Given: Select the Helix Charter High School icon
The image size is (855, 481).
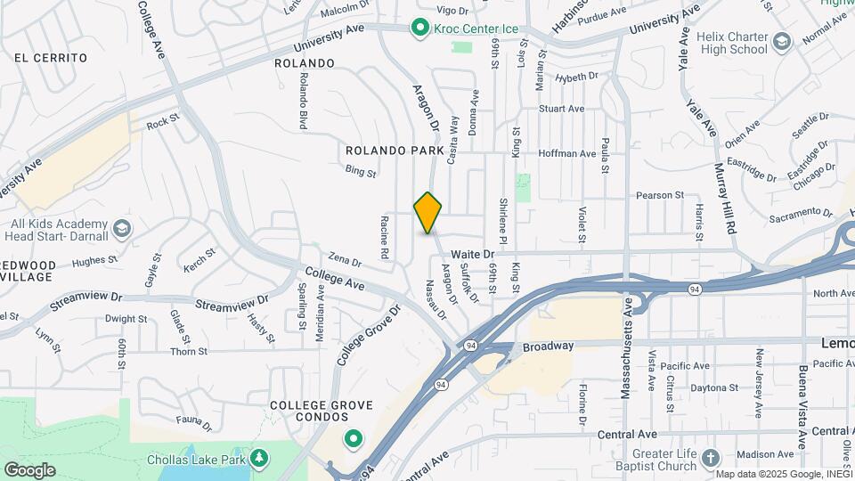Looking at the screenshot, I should pyautogui.click(x=781, y=42).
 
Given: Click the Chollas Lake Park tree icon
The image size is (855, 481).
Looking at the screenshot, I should pyautogui.click(x=259, y=459).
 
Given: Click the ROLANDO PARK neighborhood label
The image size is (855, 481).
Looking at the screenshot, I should pyautogui.click(x=395, y=151).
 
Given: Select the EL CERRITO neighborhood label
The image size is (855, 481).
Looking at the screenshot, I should pyautogui.click(x=50, y=58).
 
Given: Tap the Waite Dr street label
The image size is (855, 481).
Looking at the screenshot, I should pyautogui.click(x=472, y=255).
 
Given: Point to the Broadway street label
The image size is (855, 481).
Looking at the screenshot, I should pyautogui.click(x=548, y=346).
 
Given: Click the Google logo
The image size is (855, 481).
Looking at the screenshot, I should pyautogui.click(x=29, y=469).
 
